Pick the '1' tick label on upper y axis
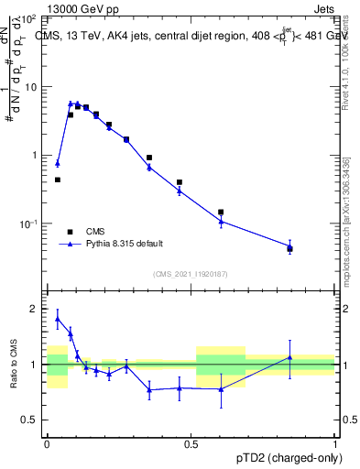point(37,155)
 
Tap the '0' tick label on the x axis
point(47,442)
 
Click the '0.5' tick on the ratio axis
point(32,420)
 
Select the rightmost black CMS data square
point(289,248)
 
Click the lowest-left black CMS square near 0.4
point(58,180)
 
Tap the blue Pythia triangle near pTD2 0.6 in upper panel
point(221,221)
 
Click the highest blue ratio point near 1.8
point(58,319)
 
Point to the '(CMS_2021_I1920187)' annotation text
point(191,273)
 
